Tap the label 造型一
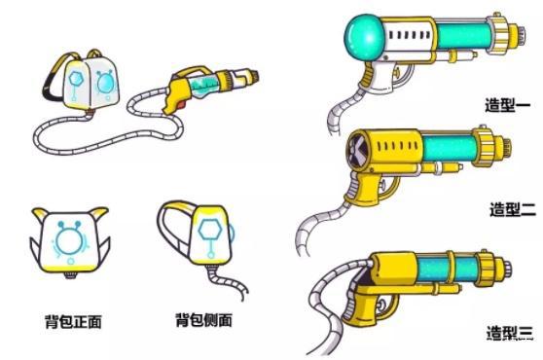tap(505, 105)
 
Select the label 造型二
tap(511, 208)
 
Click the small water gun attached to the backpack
tap(210, 89)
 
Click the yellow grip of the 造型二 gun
tap(361, 200)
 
